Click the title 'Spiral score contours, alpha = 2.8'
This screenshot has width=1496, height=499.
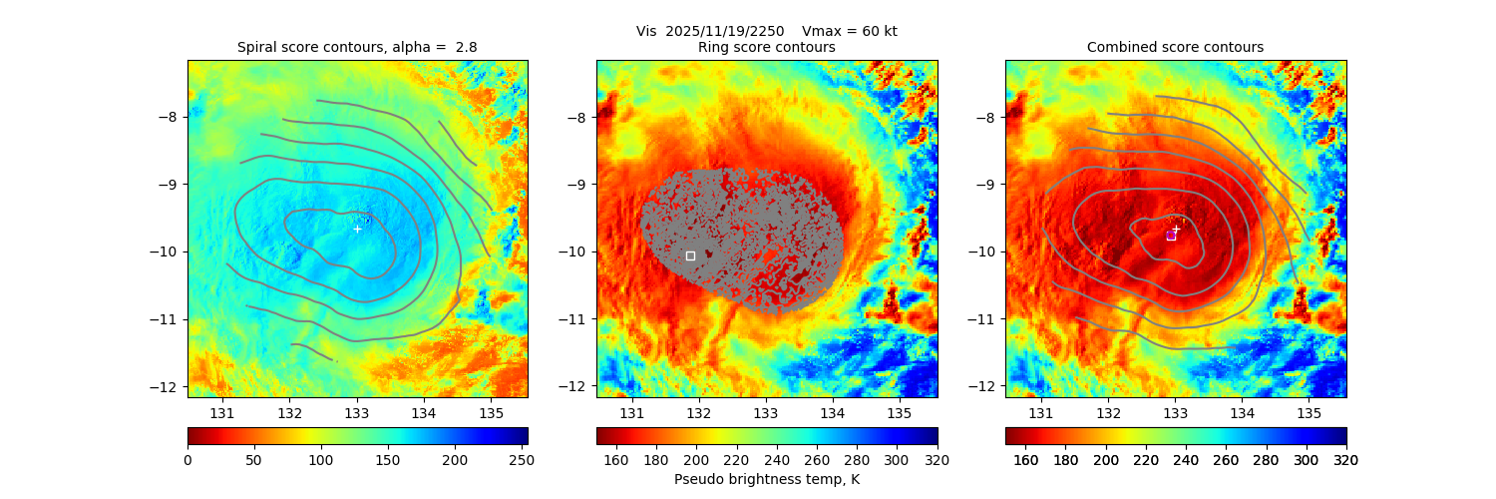coord(357,48)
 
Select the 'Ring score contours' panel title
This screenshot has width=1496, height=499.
coord(766,48)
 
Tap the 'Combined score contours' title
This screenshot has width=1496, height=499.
coord(1175,48)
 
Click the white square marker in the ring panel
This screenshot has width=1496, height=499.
coord(690,255)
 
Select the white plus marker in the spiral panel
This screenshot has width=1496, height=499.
coord(358,230)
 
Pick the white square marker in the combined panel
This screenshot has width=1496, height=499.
coord(1171,236)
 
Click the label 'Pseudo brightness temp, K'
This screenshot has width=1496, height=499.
coord(766,480)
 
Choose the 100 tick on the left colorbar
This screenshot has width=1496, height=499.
coord(321,460)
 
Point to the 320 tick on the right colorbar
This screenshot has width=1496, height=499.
coord(1346,460)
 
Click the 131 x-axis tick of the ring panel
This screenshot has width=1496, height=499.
coord(631,413)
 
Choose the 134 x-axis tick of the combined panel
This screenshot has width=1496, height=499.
coord(1242,413)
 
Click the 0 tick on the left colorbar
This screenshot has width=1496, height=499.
coord(187,460)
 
